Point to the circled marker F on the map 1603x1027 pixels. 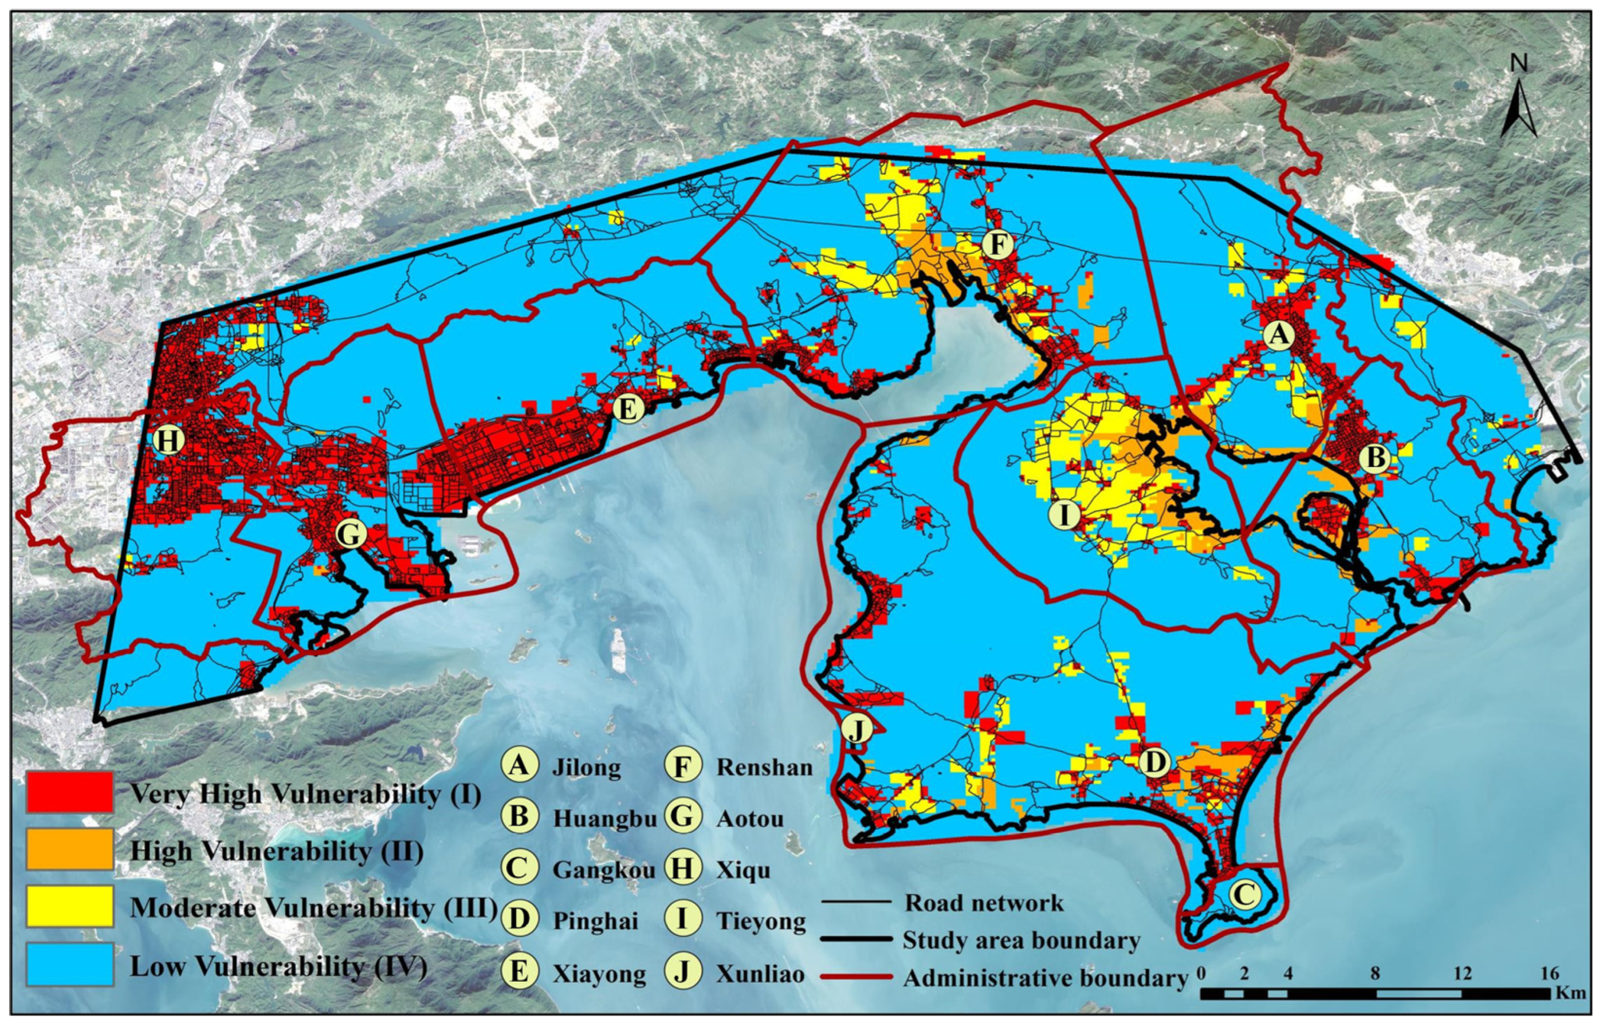click(x=997, y=245)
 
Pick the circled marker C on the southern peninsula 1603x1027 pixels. click(x=1245, y=894)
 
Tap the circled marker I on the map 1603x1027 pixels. click(x=1064, y=515)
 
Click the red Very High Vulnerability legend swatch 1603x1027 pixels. click(x=69, y=792)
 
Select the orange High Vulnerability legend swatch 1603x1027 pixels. click(x=69, y=849)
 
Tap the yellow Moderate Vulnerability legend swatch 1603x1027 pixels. click(x=69, y=906)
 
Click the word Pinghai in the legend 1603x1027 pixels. click(x=595, y=921)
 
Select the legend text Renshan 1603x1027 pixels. click(x=764, y=768)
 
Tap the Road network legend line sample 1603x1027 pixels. click(x=856, y=902)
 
